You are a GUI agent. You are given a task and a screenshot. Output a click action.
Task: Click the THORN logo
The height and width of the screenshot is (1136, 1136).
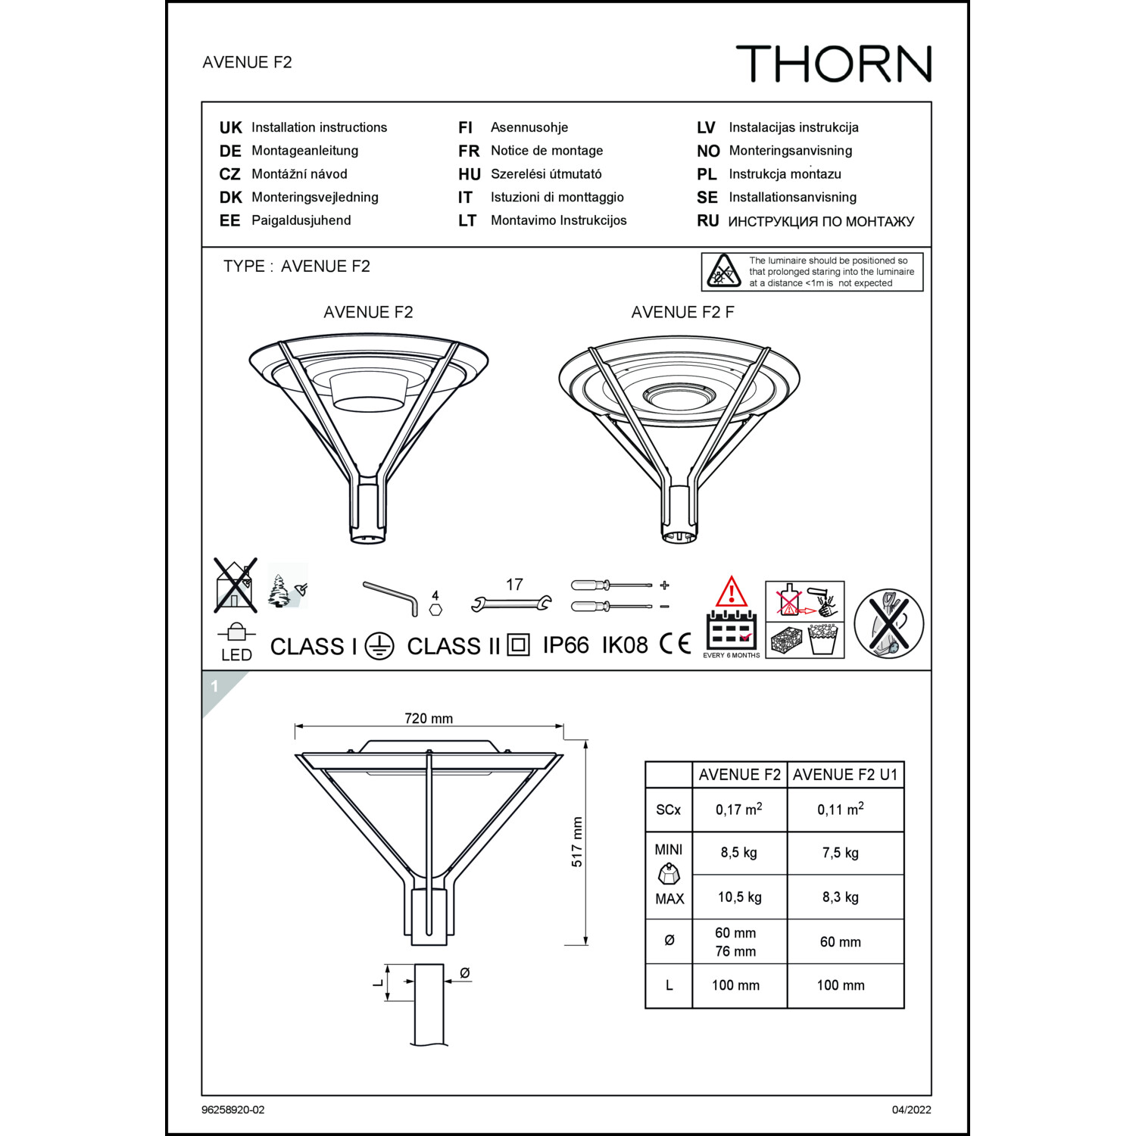tap(833, 64)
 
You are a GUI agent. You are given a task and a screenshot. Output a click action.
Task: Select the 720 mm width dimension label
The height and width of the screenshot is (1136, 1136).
tap(429, 718)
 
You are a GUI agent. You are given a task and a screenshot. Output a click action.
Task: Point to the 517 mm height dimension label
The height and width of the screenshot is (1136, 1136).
tap(577, 841)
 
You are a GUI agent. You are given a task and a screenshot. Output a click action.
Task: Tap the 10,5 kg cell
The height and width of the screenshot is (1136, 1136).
tap(739, 897)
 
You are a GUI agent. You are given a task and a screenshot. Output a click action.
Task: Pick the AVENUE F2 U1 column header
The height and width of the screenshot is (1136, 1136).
tap(845, 775)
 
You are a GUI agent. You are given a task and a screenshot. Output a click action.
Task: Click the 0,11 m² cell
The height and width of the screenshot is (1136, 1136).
tap(840, 810)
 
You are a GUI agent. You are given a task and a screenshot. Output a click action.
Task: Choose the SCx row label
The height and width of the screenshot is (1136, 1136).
tap(668, 810)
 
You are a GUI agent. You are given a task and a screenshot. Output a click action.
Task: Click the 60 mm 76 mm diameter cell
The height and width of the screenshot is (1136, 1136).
tap(735, 942)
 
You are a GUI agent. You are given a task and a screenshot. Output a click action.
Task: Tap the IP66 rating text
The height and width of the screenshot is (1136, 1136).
tap(566, 645)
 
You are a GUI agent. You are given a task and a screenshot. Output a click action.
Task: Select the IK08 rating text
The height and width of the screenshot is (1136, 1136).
tap(625, 645)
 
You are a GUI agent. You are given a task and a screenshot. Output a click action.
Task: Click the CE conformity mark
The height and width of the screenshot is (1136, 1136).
tap(675, 644)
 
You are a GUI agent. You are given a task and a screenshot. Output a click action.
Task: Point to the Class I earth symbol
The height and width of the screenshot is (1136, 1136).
tap(379, 646)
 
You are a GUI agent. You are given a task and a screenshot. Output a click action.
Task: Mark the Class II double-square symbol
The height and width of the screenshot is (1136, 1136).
tap(518, 645)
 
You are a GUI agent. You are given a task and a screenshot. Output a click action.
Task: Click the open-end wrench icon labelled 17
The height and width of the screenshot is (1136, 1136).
tap(511, 604)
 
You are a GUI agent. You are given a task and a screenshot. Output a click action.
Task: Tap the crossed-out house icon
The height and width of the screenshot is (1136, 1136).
tap(235, 585)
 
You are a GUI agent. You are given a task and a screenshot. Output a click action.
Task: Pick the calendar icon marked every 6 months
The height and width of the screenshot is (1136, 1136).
tap(731, 630)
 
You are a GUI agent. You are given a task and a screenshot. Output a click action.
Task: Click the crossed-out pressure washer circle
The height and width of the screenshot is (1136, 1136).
tap(888, 623)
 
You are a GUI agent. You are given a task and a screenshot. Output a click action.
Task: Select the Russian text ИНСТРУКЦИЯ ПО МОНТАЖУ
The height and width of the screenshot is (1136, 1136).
tap(821, 221)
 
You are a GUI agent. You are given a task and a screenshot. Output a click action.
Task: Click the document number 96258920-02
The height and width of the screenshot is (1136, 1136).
tap(233, 1109)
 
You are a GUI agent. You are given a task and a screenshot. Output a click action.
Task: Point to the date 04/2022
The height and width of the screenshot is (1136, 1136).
tap(911, 1109)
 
